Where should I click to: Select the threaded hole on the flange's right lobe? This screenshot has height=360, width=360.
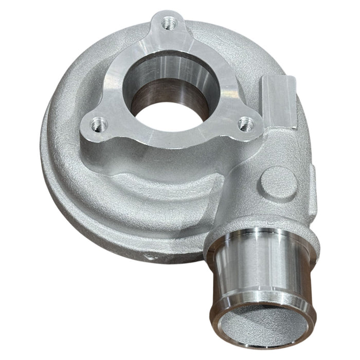(247, 123)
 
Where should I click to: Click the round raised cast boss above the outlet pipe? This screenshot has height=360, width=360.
(278, 181)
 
